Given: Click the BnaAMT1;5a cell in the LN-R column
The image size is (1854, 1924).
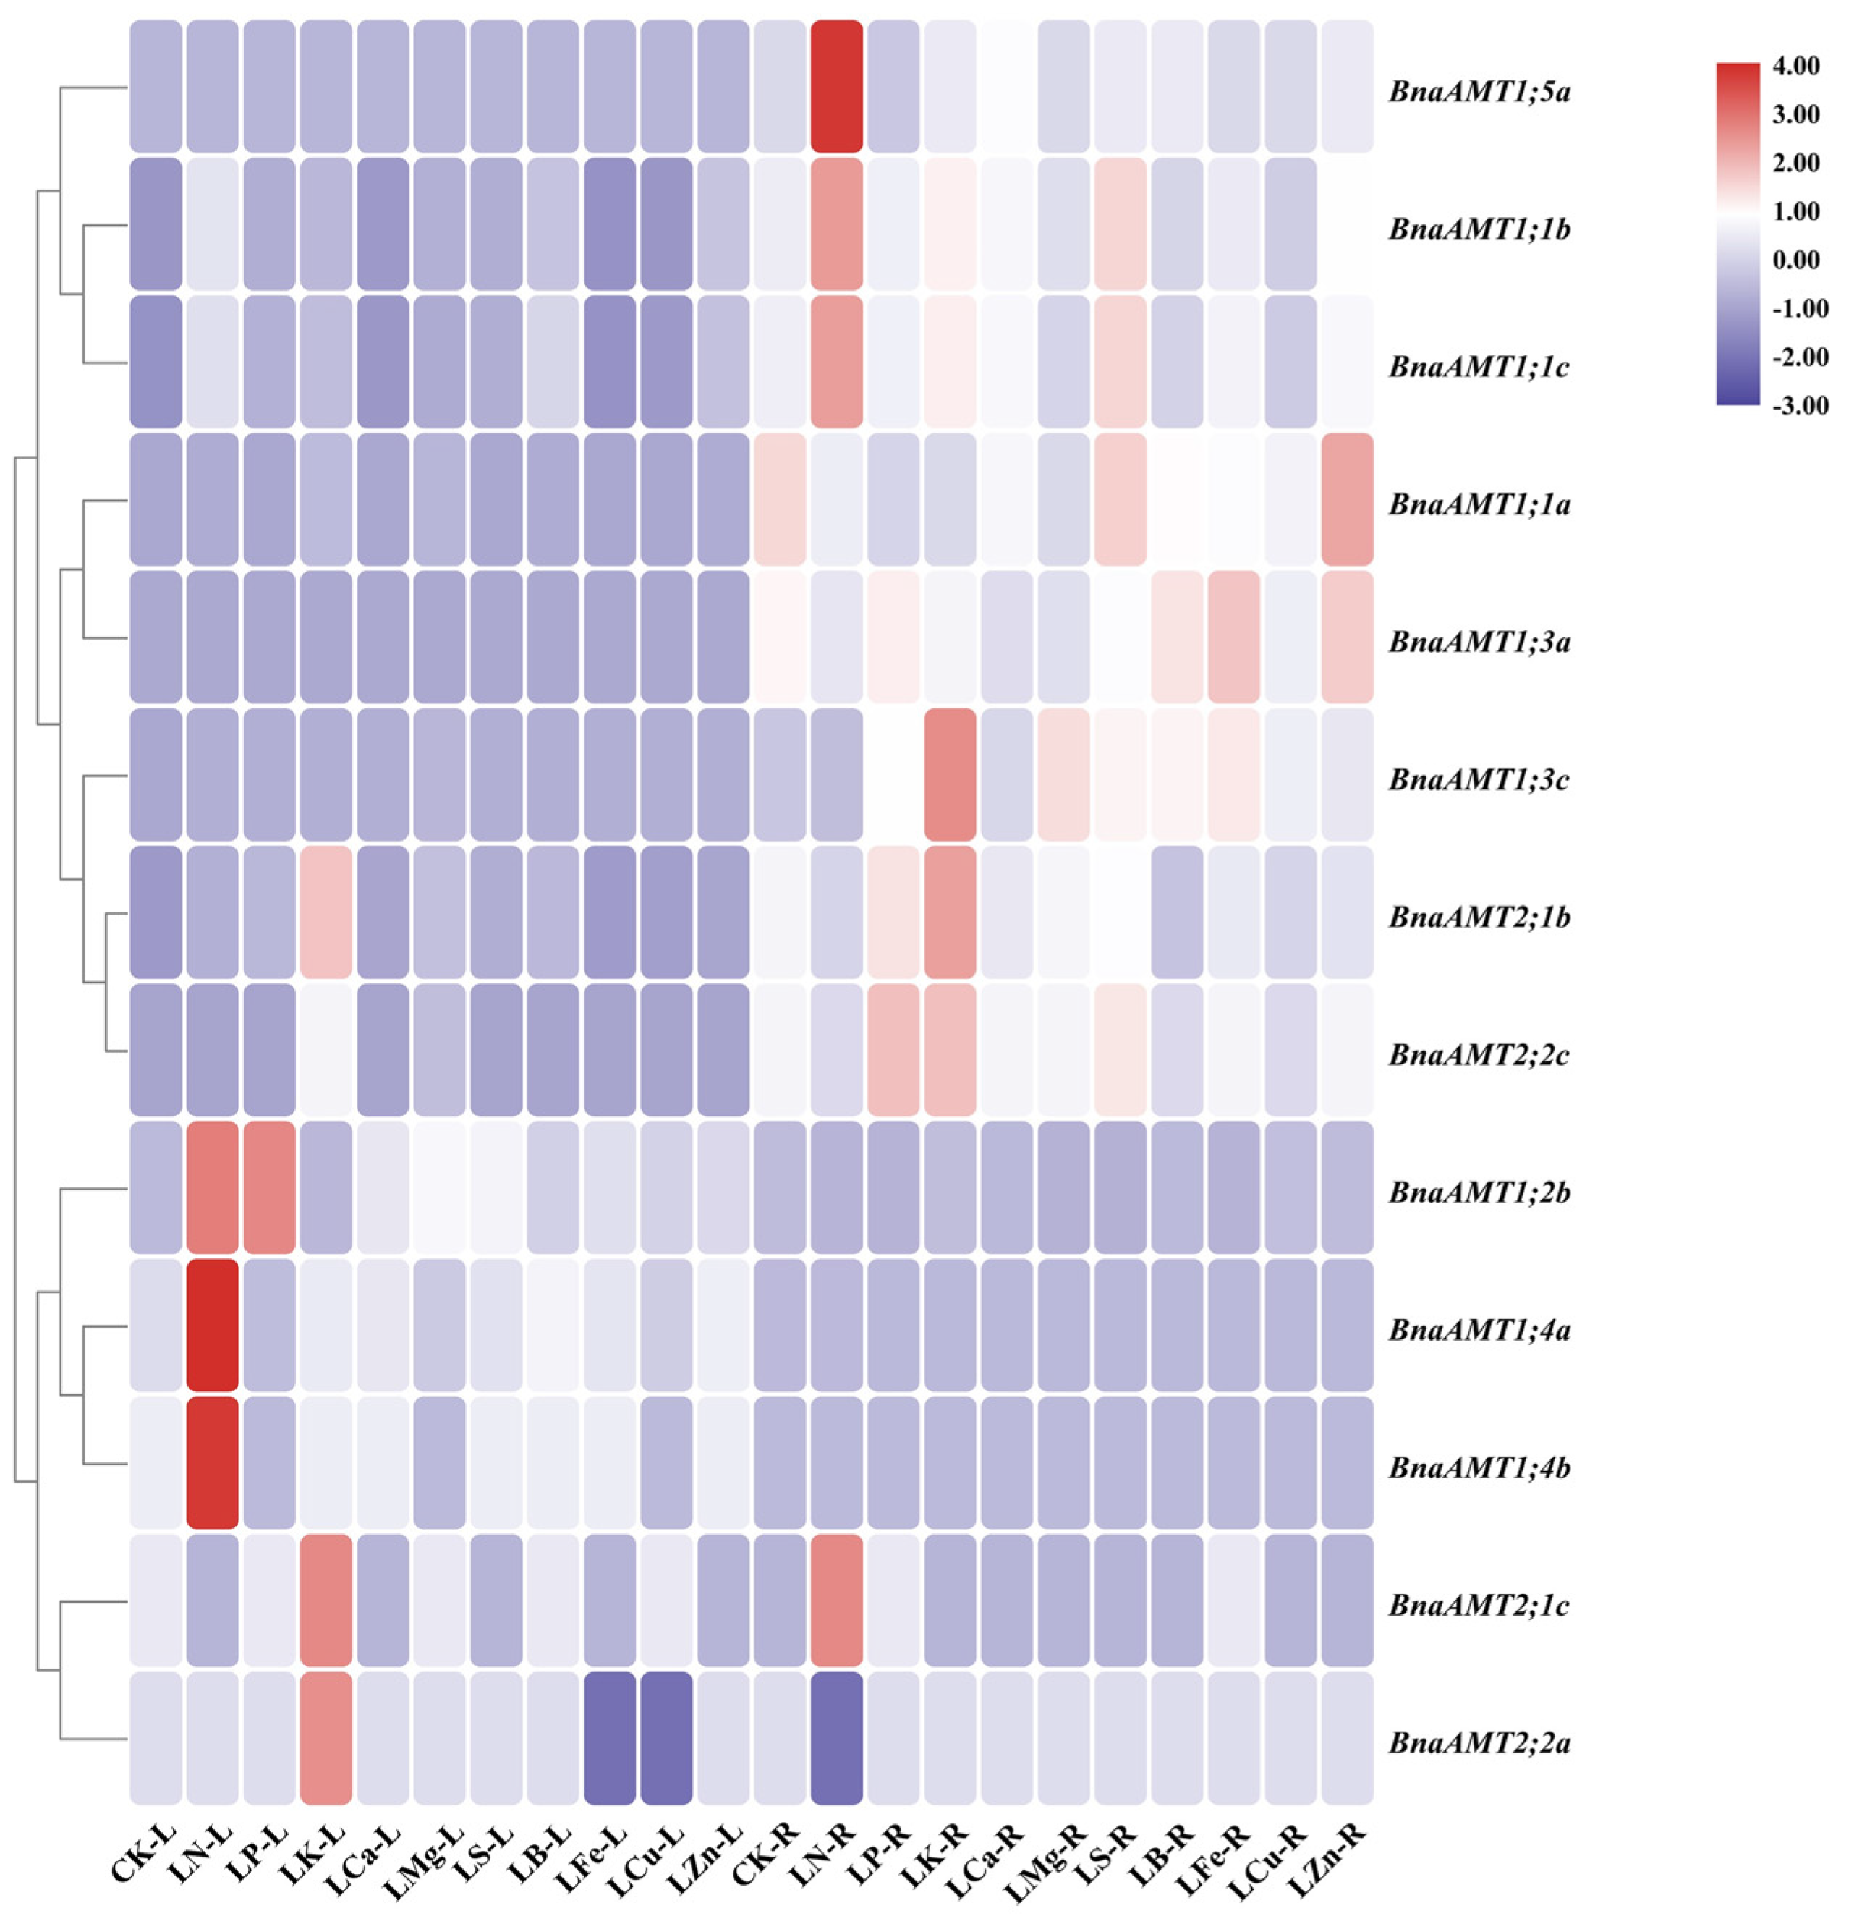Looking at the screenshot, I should point(836,86).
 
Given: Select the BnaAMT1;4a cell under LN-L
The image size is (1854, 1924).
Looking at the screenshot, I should point(212,1324).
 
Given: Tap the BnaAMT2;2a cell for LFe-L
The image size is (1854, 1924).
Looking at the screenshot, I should point(610,1737).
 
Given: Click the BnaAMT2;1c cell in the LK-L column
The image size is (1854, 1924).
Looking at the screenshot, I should point(326,1599).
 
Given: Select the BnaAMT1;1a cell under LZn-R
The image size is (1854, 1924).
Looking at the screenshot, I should point(1347,499).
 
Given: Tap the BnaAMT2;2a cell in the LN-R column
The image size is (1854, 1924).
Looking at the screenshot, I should point(836,1737).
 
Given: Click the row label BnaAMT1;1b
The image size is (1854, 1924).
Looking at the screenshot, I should point(1479,229).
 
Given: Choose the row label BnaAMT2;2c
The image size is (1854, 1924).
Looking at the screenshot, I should point(1479,1054).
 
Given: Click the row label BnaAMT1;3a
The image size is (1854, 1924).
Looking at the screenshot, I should point(1479,642).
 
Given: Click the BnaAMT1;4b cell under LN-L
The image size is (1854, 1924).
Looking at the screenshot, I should point(212,1462).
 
